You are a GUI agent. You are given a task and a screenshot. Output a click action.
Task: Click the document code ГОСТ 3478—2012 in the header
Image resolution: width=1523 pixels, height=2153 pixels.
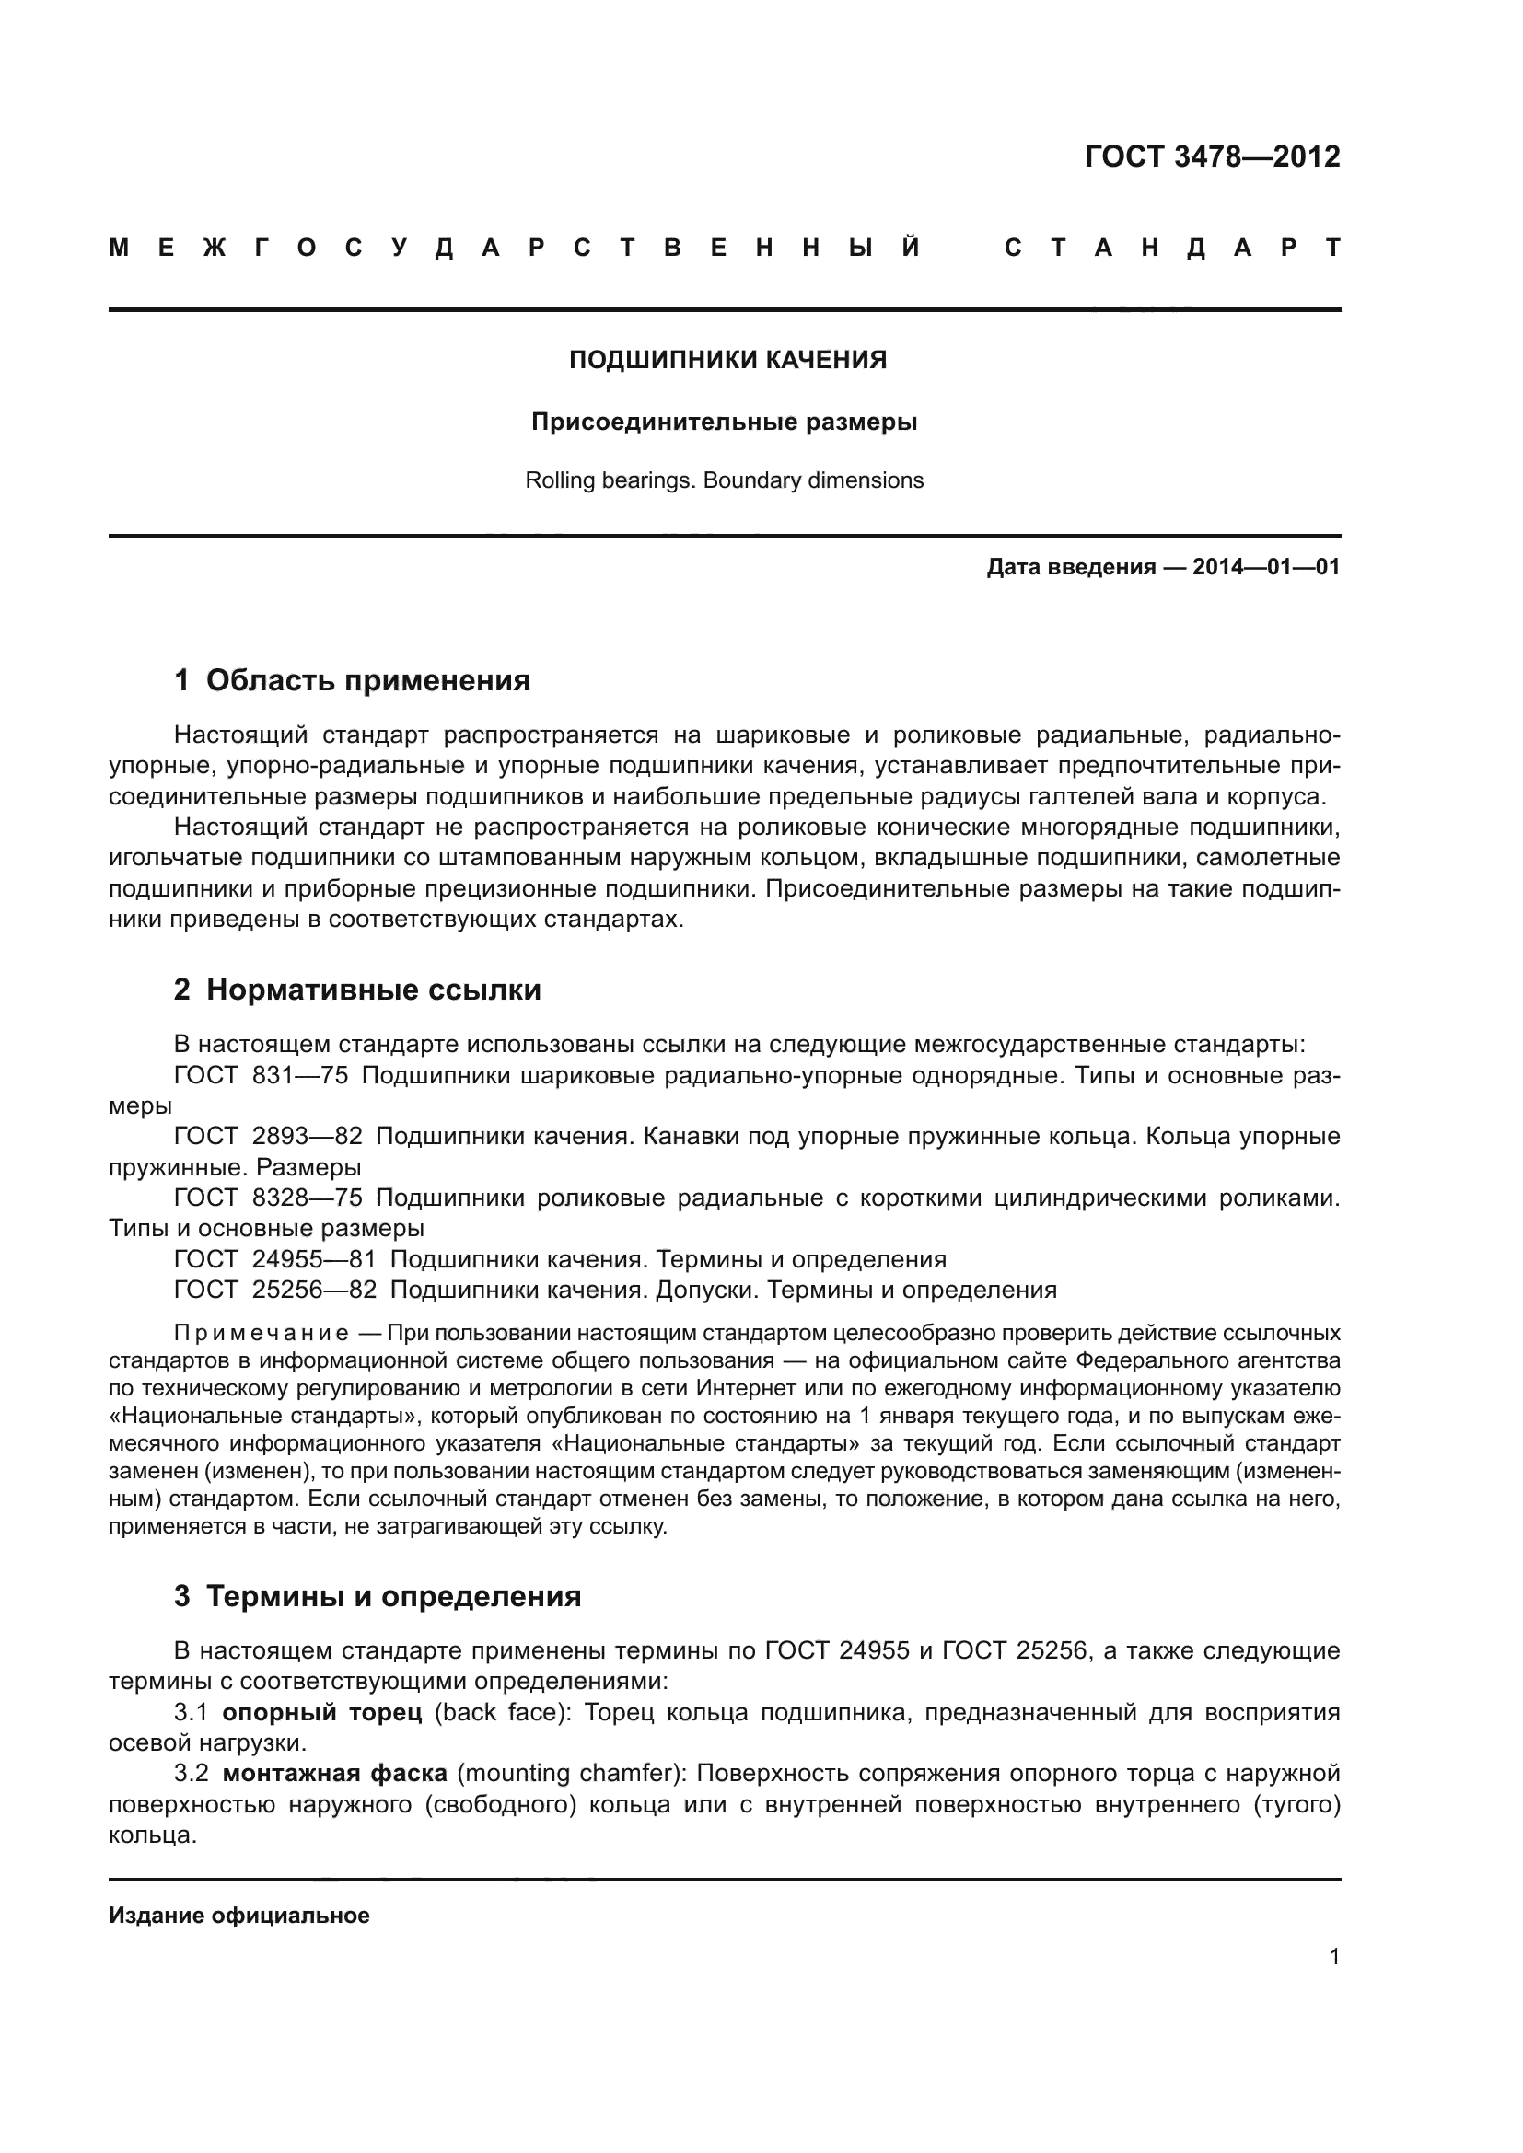pos(1212,156)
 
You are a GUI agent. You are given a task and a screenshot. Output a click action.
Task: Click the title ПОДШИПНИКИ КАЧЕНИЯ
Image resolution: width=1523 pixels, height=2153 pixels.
pos(727,360)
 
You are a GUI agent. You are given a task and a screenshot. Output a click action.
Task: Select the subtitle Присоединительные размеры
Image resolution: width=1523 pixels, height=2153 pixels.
pos(724,422)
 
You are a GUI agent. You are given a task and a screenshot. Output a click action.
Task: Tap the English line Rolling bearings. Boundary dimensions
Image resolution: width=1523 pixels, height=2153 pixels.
pos(724,481)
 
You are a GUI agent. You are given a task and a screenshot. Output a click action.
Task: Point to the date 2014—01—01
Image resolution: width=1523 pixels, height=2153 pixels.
pos(1266,567)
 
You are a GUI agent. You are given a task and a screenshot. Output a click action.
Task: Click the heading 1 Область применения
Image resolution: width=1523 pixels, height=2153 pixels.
pos(353,681)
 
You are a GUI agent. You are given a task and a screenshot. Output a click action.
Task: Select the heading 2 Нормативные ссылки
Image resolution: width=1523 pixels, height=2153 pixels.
pos(357,990)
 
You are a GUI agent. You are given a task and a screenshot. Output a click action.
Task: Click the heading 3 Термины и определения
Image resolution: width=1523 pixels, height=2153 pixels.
pos(377,1596)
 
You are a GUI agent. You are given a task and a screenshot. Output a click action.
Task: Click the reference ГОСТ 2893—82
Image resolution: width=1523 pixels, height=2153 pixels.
pos(268,1137)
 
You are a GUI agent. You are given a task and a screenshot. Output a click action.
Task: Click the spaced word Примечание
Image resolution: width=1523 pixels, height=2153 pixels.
pos(262,1334)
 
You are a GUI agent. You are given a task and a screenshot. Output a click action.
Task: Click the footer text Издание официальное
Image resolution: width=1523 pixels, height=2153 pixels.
pos(239,1916)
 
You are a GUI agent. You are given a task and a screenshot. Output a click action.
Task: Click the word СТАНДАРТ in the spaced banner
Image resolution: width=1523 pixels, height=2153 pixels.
pos(1172,249)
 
